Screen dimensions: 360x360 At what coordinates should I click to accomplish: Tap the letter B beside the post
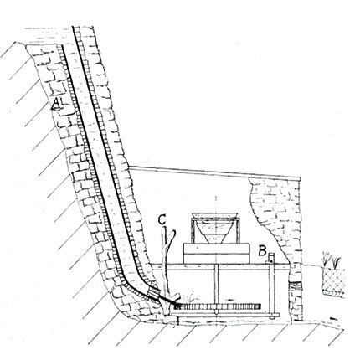click(262, 250)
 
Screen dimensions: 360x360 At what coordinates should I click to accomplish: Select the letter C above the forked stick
click(162, 219)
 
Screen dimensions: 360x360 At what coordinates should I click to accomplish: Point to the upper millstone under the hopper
click(216, 249)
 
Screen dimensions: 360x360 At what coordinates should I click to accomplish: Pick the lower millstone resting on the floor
click(216, 259)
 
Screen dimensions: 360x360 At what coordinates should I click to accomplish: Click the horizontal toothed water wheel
click(217, 306)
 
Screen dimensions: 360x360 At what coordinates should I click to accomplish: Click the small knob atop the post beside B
click(271, 255)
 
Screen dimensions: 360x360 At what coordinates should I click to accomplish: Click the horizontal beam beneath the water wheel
click(225, 316)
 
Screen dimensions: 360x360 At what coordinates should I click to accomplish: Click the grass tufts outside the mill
click(332, 259)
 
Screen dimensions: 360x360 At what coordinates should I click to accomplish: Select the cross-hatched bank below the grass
click(334, 281)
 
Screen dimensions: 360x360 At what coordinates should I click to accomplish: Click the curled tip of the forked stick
click(174, 232)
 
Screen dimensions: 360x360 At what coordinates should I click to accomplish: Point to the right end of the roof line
click(301, 179)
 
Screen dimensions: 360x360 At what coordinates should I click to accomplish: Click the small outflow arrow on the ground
click(333, 318)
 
